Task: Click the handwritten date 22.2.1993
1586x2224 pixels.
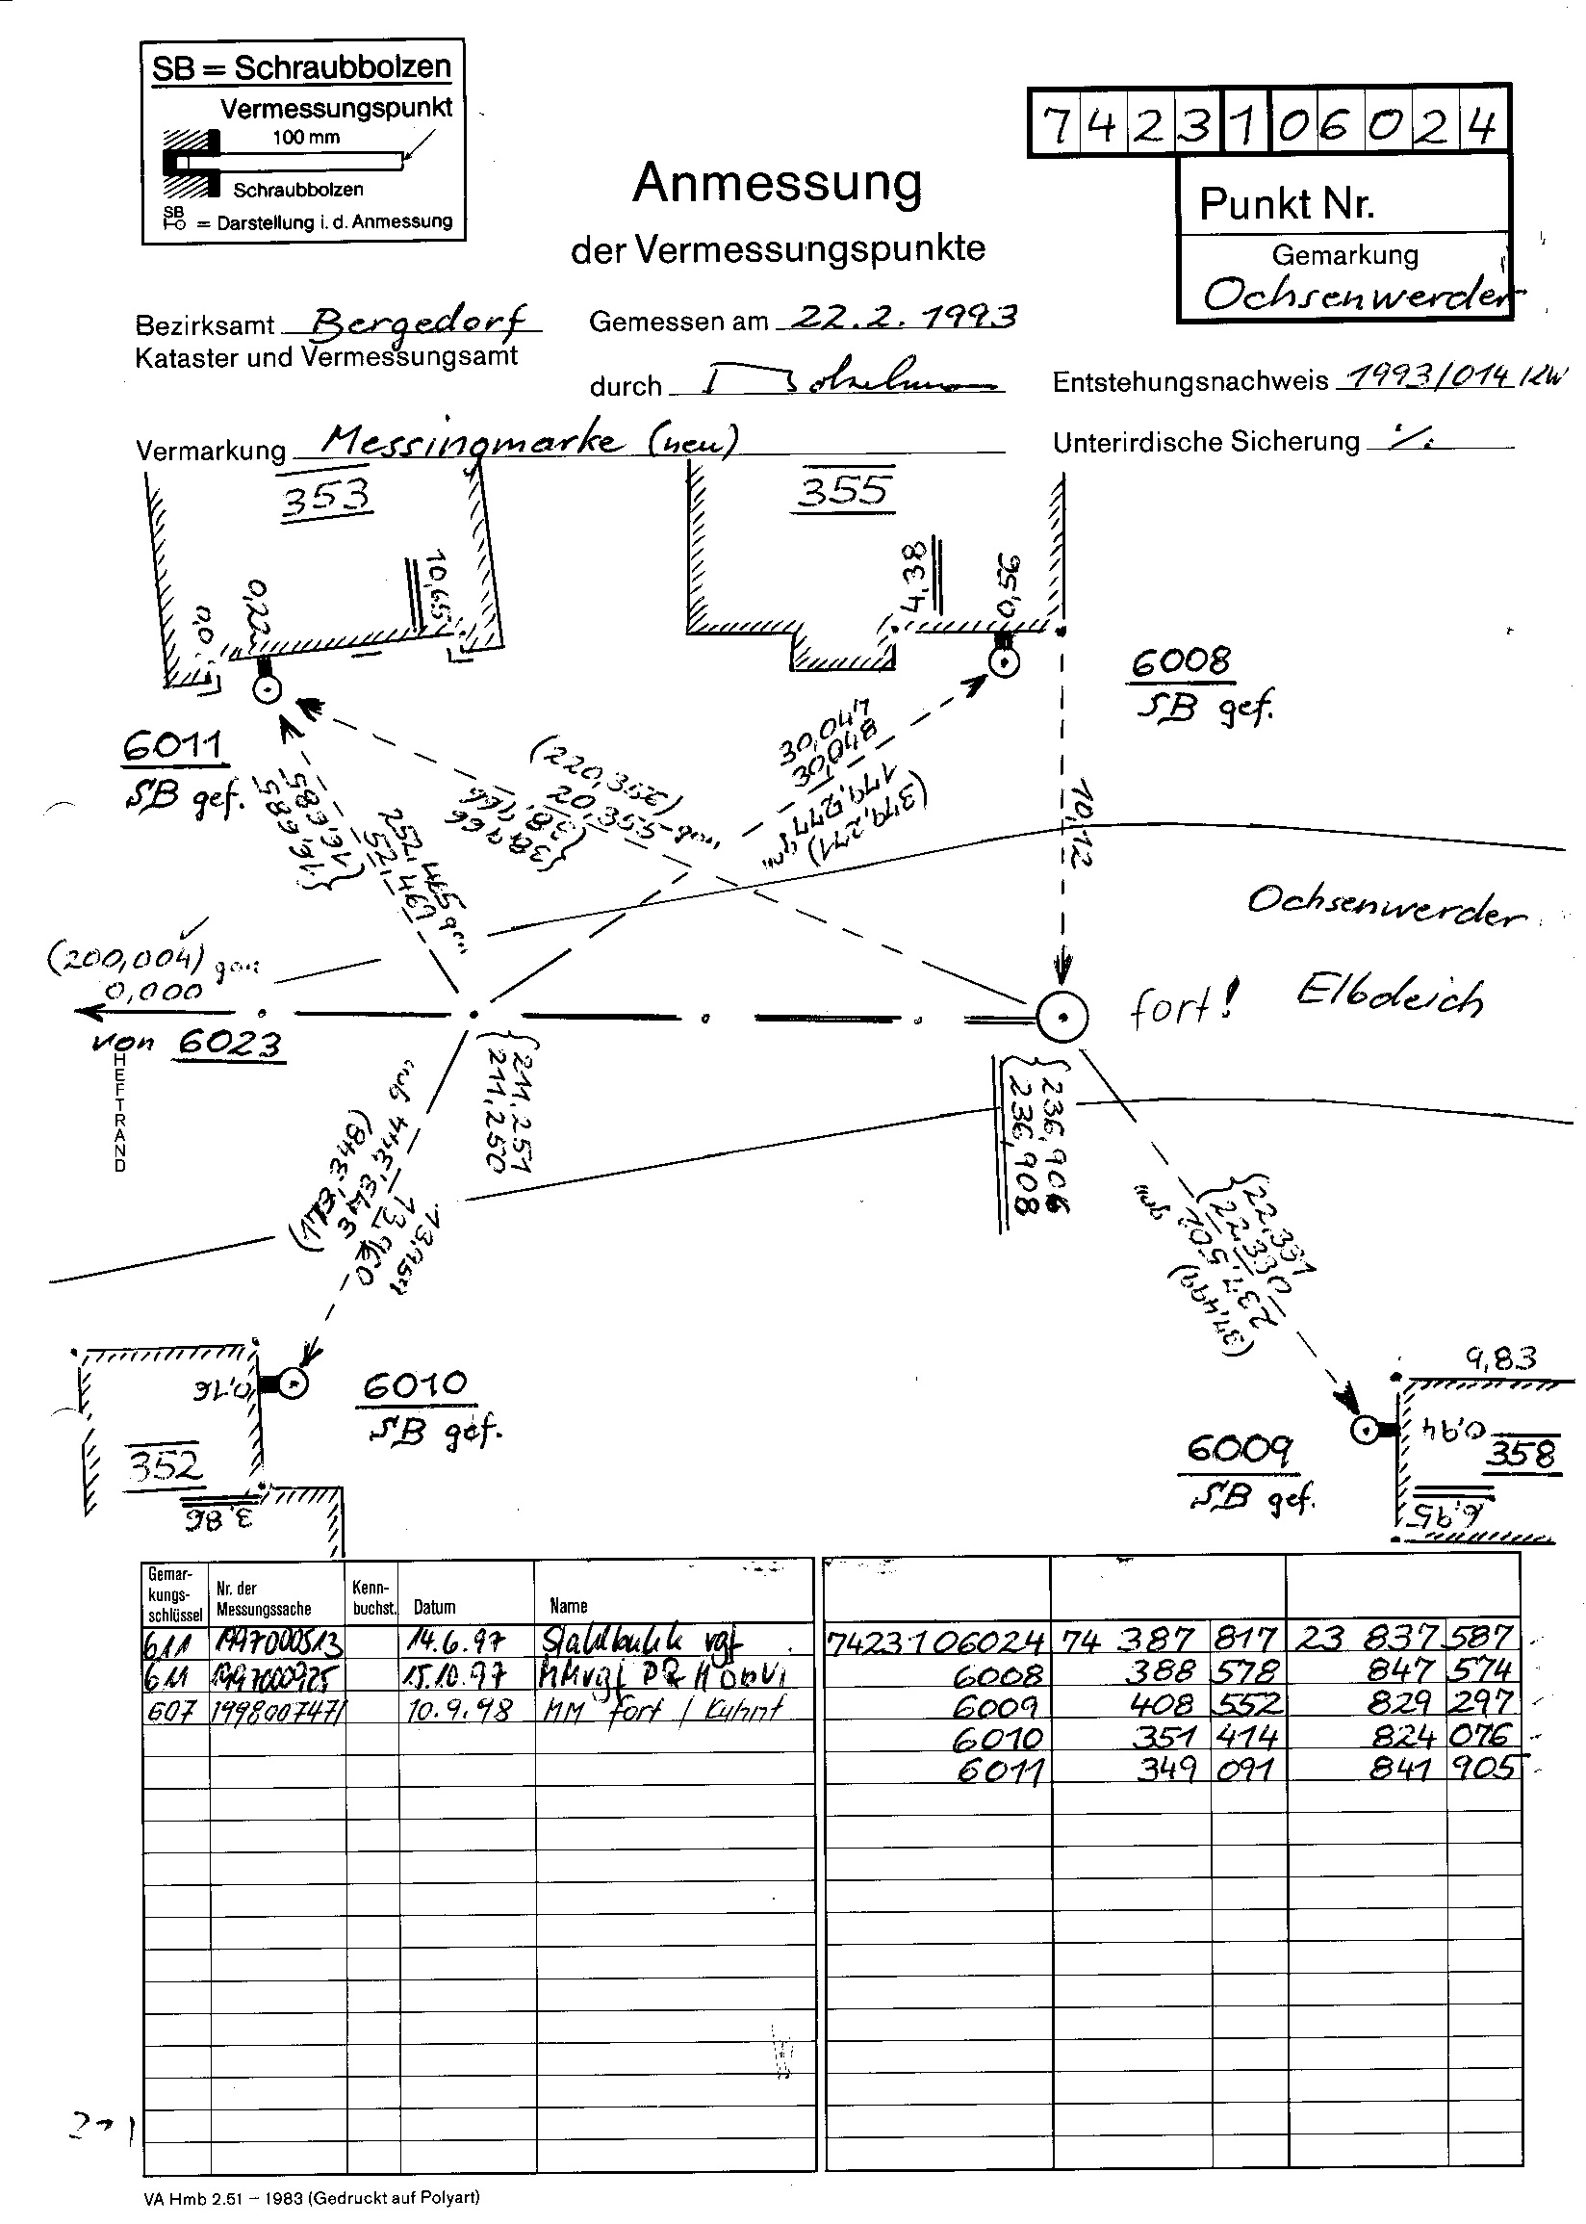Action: [903, 317]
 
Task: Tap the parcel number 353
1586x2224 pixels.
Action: [326, 497]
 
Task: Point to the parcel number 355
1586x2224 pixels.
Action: [845, 488]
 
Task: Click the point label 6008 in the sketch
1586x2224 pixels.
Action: [1182, 662]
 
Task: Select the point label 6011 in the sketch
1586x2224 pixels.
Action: [174, 747]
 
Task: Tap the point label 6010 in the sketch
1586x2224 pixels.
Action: [414, 1385]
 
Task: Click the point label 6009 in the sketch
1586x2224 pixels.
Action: [1240, 1447]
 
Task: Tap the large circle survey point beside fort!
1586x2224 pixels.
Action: [1062, 1017]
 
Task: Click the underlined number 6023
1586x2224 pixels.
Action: [230, 1044]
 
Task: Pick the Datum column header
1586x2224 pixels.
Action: [435, 1607]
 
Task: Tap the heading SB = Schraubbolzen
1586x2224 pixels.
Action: [302, 67]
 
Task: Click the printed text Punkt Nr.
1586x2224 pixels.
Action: [1286, 203]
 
